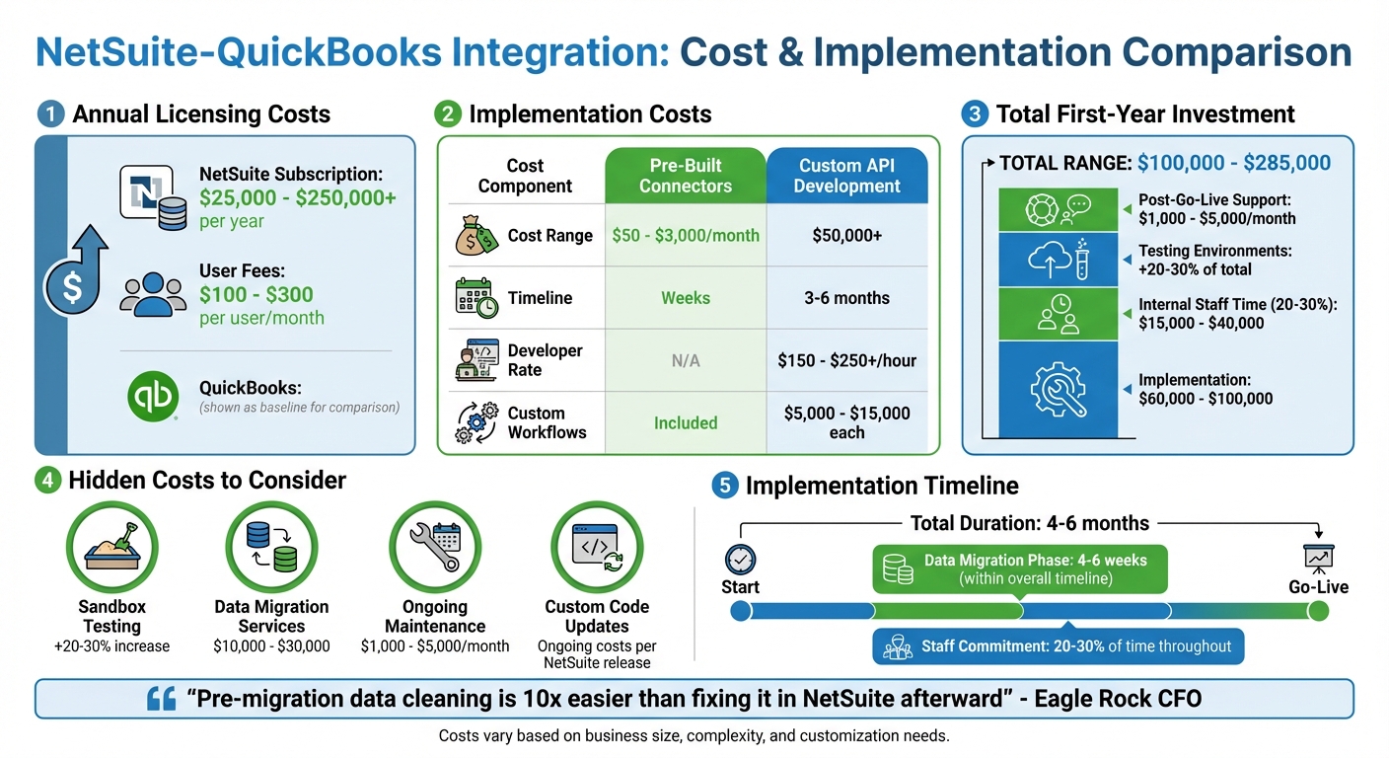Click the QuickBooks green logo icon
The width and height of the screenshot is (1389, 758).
point(153,397)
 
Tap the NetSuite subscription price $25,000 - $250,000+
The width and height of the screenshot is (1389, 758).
point(297,197)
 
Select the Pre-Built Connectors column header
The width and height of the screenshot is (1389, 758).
point(686,176)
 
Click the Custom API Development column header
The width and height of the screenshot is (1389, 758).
point(846,176)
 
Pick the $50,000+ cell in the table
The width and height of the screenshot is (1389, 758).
point(846,236)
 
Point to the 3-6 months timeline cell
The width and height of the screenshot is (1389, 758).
point(846,298)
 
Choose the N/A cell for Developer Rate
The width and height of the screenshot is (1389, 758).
point(686,360)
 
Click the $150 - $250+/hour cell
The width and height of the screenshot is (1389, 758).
point(846,360)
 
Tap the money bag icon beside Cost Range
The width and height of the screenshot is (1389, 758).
point(476,236)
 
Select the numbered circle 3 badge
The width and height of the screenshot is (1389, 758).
point(975,114)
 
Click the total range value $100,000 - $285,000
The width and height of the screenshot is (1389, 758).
point(1233,163)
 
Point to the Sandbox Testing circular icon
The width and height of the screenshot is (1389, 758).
point(111,546)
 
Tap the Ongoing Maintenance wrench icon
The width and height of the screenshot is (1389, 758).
point(435,546)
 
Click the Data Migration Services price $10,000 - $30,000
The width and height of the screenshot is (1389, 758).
point(271,646)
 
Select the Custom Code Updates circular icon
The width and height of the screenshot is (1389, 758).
point(597,546)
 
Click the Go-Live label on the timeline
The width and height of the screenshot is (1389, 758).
point(1318,587)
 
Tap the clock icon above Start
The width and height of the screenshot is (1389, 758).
point(740,560)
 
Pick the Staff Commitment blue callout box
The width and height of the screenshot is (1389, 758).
point(1059,646)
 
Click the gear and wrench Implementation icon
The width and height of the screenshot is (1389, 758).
point(1058,388)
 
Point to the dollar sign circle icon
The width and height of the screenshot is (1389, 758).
point(71,287)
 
